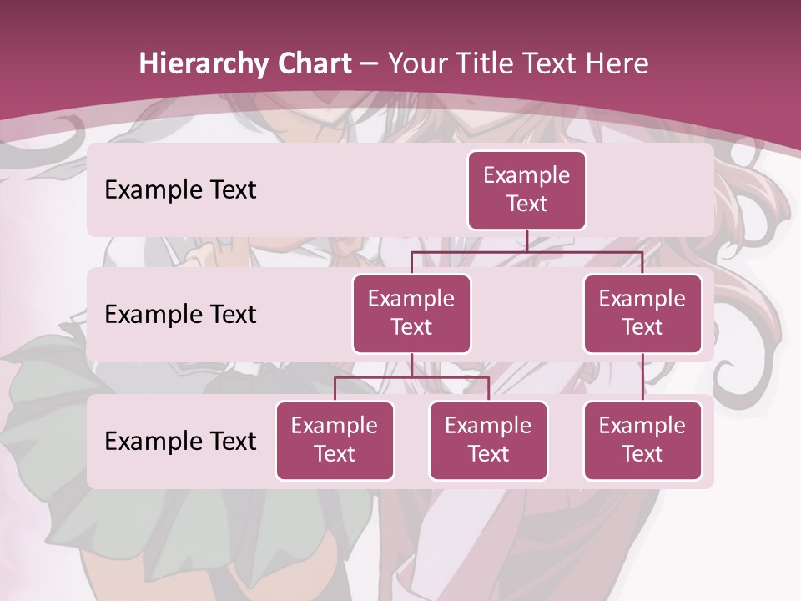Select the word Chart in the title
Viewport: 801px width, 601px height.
click(x=314, y=63)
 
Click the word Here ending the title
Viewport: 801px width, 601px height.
click(x=617, y=63)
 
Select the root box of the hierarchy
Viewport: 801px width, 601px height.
click(x=526, y=189)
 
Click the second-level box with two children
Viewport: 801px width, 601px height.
click(x=411, y=313)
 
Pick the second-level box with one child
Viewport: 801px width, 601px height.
click(x=642, y=313)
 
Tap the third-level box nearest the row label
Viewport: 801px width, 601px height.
click(x=335, y=440)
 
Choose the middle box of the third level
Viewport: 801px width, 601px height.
click(x=488, y=440)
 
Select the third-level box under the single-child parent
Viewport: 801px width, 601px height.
click(x=642, y=440)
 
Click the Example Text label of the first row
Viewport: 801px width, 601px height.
click(x=180, y=189)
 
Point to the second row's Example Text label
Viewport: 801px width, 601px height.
click(x=180, y=314)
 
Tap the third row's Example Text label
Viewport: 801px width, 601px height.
click(x=180, y=441)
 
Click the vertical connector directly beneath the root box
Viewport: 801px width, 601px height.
click(x=526, y=240)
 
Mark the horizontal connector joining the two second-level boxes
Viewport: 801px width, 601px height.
click(x=526, y=251)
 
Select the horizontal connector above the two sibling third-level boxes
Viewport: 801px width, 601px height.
click(x=411, y=377)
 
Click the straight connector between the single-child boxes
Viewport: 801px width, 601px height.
click(x=642, y=377)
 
